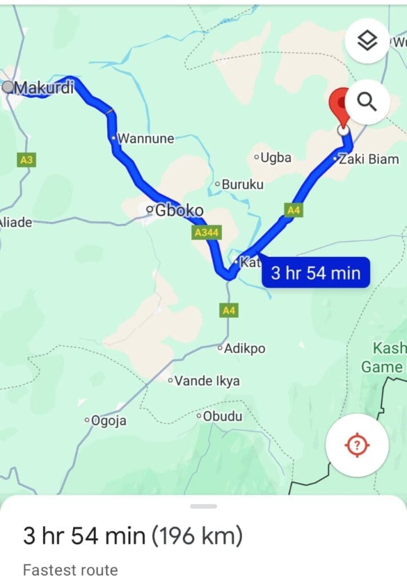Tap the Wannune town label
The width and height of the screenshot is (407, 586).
pyautogui.click(x=145, y=138)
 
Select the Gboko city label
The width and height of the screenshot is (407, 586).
pyautogui.click(x=178, y=211)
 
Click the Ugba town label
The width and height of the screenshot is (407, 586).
pyautogui.click(x=276, y=157)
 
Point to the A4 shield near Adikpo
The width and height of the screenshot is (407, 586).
pyautogui.click(x=229, y=311)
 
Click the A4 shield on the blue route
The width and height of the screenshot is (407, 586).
pyautogui.click(x=293, y=210)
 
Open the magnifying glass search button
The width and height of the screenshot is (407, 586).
pyautogui.click(x=366, y=102)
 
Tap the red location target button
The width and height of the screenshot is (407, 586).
pyautogui.click(x=357, y=445)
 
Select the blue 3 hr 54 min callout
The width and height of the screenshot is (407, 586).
pyautogui.click(x=316, y=273)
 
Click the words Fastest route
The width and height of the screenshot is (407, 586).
pyautogui.click(x=70, y=570)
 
